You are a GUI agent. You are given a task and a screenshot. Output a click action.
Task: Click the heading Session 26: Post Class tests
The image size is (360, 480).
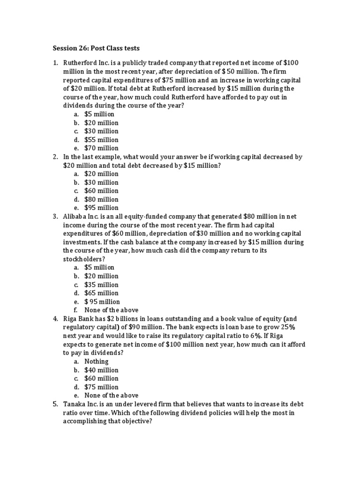tap(96, 48)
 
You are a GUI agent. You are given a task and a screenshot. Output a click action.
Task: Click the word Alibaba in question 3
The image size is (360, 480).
tap(76, 217)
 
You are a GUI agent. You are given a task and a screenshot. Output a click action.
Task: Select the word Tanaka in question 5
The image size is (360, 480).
tap(74, 404)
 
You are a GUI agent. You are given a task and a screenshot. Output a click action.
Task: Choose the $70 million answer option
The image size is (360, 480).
tap(101, 148)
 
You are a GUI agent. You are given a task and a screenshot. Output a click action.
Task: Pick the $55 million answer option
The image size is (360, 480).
tap(101, 140)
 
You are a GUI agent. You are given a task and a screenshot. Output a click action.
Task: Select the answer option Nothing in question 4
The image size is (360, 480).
tap(96, 361)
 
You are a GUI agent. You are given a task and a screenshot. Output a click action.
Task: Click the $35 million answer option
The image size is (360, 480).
tap(101, 285)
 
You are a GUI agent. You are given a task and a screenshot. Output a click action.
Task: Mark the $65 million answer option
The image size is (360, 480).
tap(101, 293)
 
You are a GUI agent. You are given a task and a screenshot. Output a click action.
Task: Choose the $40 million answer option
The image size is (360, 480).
tap(101, 370)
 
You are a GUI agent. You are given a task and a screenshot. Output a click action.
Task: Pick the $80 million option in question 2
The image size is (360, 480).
tap(101, 199)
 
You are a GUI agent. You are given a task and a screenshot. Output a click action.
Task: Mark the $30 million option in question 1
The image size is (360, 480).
tap(101, 131)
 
